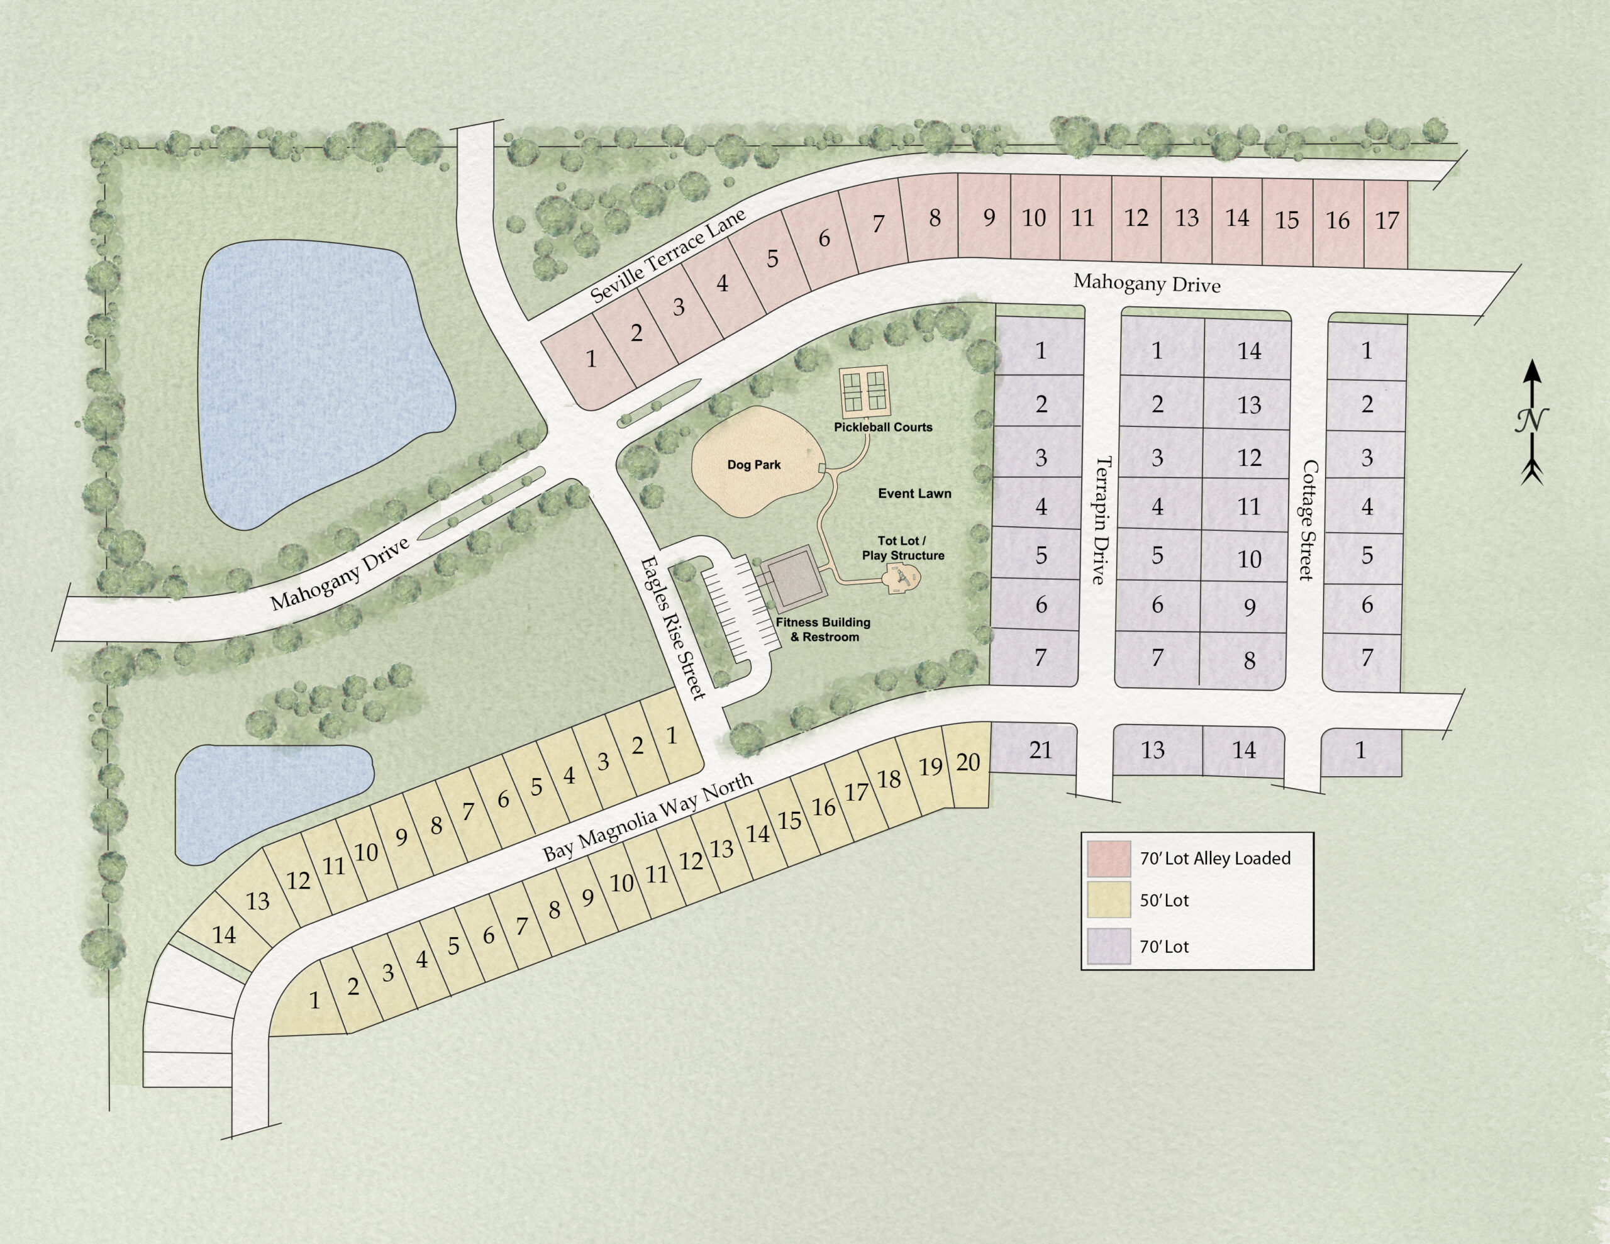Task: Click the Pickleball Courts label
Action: (x=882, y=427)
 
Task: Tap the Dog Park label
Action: (x=753, y=465)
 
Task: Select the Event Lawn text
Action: (x=914, y=493)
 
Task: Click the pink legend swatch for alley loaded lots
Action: (x=1109, y=858)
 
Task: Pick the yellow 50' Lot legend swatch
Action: (x=1109, y=901)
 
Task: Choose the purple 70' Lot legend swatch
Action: (x=1109, y=946)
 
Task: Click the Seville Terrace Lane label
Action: (x=669, y=255)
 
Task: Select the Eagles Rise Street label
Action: (x=672, y=628)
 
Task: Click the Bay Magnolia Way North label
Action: (x=648, y=817)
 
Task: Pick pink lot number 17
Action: (x=1387, y=221)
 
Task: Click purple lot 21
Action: (x=1040, y=750)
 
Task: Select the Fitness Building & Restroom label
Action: (x=823, y=629)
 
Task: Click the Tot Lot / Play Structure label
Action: (x=902, y=548)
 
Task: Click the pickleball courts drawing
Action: (x=864, y=390)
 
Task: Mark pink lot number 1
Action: (x=591, y=359)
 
